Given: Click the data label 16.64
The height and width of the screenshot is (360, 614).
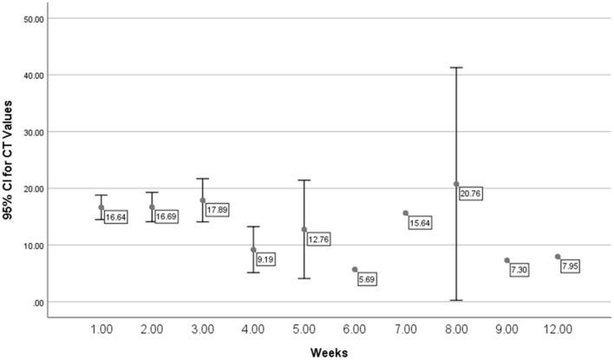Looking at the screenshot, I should [116, 217].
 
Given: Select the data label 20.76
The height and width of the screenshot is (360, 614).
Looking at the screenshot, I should [471, 193].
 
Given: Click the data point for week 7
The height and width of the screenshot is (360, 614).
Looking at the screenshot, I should [406, 213].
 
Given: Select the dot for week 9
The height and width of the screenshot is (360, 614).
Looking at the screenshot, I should [507, 260].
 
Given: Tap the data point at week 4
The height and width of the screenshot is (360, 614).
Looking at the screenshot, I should [253, 250].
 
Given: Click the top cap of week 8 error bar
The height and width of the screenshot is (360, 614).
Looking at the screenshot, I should [456, 68].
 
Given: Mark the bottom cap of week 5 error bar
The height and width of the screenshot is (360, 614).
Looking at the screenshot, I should [304, 278].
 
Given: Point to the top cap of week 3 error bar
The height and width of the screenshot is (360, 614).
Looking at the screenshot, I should [202, 179].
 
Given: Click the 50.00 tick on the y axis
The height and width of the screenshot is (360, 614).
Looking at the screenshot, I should [32, 18].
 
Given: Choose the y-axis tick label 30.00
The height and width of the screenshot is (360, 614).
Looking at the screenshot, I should [32, 132].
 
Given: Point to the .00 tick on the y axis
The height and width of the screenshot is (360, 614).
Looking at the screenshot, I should [37, 302].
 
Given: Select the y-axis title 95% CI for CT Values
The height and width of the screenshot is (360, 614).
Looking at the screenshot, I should [10, 160].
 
